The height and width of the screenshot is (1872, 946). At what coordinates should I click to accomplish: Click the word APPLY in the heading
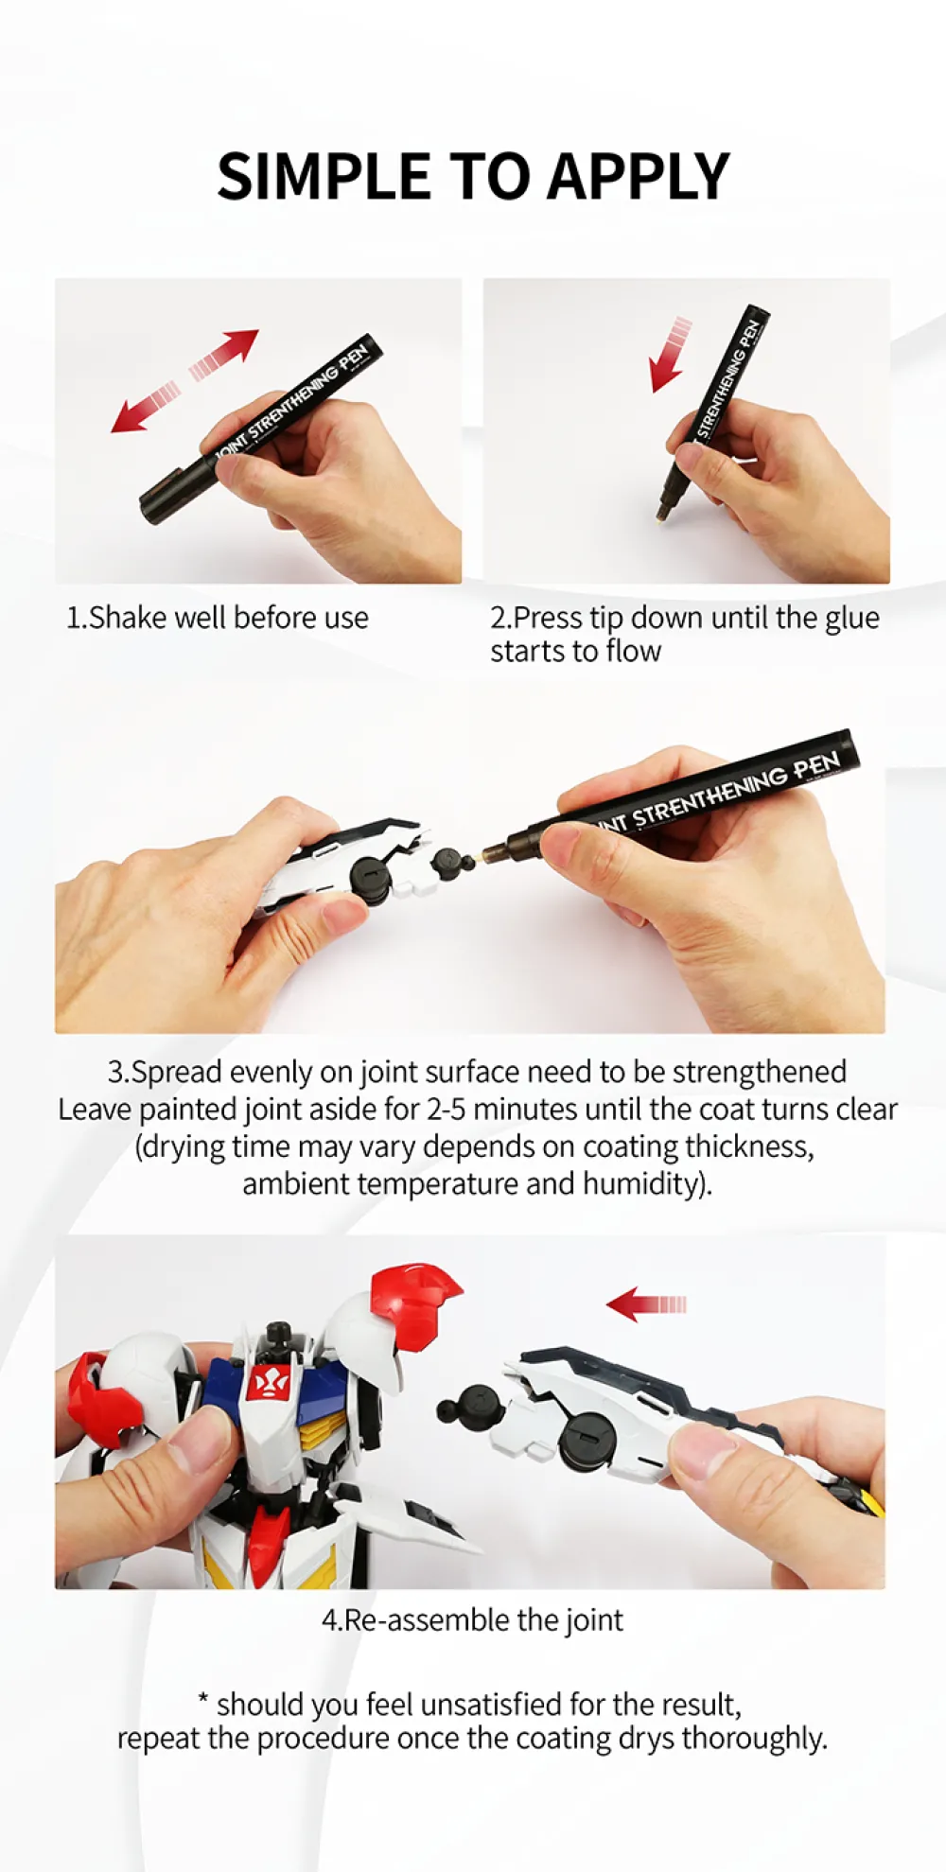tap(639, 177)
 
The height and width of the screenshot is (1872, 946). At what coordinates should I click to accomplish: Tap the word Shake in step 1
tap(129, 618)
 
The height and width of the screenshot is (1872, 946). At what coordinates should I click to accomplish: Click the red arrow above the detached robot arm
tap(646, 1303)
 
